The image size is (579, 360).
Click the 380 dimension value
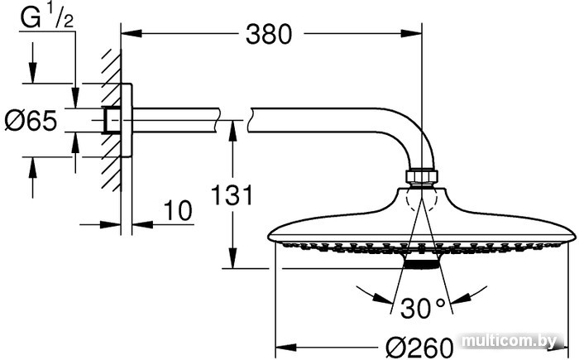click(x=269, y=35)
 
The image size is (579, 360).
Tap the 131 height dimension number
click(x=232, y=194)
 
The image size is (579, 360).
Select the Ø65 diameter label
click(x=31, y=121)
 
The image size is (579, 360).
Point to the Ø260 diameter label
click(x=419, y=348)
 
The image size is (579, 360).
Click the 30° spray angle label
click(x=423, y=308)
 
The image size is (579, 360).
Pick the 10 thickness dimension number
click(x=178, y=210)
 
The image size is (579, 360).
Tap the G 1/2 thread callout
click(x=47, y=17)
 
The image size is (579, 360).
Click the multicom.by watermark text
click(x=510, y=340)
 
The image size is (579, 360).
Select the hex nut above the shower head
click(x=422, y=176)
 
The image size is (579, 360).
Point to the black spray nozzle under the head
click(x=422, y=264)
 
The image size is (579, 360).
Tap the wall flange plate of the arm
click(x=127, y=120)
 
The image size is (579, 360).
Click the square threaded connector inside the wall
click(x=112, y=120)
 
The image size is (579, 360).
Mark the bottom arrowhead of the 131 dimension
click(x=232, y=258)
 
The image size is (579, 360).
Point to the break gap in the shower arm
click(x=235, y=120)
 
